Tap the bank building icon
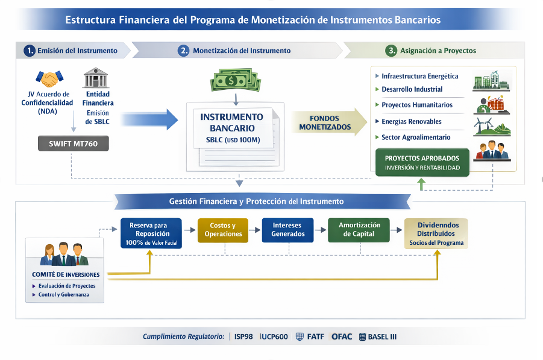95,78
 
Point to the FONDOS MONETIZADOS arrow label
325,122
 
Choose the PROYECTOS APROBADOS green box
422,162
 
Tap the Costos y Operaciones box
222,230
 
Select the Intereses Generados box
287,230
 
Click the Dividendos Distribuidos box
436,233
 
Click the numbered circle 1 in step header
30,51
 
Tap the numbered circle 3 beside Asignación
392,51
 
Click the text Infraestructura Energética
419,77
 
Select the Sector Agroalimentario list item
416,137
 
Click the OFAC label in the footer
342,336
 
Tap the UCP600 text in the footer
274,336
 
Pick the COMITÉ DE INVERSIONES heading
66,274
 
